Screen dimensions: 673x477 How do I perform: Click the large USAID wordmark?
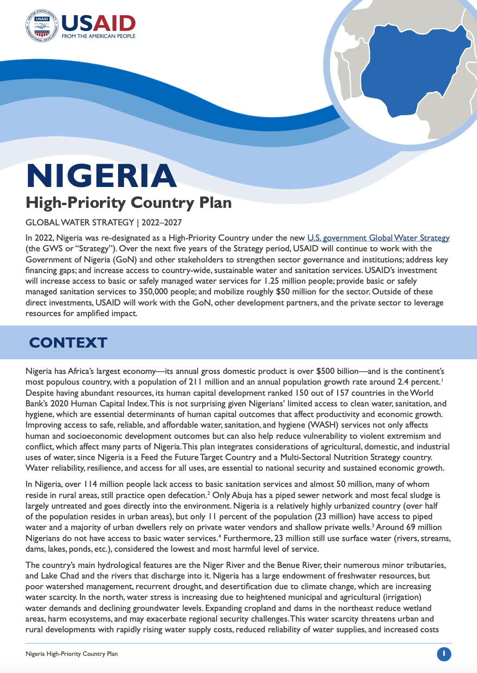99,23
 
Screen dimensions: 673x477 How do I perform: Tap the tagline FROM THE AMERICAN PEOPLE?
99,36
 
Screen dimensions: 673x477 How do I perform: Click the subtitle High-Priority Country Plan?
129,203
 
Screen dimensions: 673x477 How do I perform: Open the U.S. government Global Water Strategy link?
378,238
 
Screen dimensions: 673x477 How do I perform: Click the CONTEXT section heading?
68,343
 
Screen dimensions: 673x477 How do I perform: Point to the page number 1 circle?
444,654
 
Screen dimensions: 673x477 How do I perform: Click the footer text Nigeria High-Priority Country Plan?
72,654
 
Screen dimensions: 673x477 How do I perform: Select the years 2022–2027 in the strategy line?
162,223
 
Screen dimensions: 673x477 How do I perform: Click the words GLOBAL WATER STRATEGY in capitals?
80,223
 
